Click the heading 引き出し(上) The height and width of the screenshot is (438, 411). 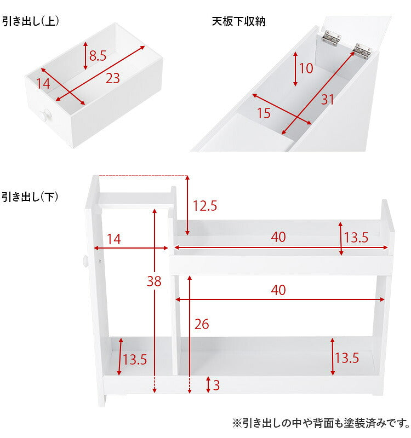point(31,21)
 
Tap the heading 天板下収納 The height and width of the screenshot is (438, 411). point(239,21)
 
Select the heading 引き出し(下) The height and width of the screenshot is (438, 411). point(31,197)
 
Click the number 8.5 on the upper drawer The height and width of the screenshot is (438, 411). point(98,55)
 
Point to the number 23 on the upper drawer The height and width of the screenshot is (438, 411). point(112,78)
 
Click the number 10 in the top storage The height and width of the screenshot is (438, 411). point(306,68)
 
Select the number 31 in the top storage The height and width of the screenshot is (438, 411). point(327,100)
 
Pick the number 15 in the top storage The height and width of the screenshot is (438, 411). point(264,113)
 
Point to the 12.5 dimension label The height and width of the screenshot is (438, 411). point(205,206)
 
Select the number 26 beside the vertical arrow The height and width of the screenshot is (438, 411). point(202,324)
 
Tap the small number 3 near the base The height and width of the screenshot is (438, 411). point(216,385)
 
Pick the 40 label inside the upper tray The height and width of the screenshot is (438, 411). point(278,237)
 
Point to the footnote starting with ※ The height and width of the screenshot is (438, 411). point(321,423)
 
